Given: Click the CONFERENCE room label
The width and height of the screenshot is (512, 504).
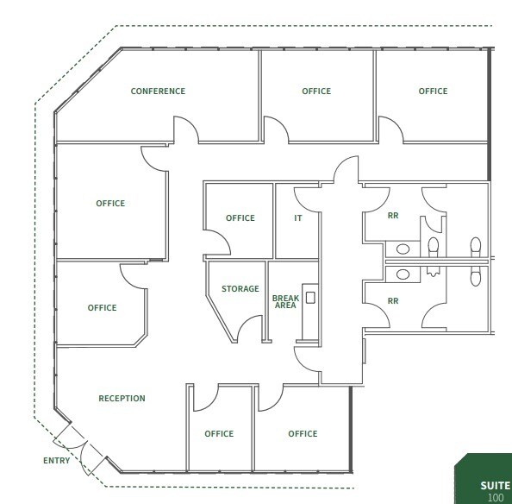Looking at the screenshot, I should (158, 91).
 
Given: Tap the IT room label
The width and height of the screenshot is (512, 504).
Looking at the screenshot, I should (298, 218).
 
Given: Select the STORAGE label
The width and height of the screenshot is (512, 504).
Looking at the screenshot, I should (240, 289).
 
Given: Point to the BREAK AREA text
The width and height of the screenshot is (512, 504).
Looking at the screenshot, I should (285, 301).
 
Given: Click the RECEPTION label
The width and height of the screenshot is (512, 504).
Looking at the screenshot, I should (122, 399).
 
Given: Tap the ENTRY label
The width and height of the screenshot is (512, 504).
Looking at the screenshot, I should (56, 461).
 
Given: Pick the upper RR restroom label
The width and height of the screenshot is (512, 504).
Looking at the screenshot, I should (393, 217).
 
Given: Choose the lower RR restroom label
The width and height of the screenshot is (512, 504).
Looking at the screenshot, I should (393, 301).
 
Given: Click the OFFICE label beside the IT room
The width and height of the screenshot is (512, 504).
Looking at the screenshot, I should (240, 218).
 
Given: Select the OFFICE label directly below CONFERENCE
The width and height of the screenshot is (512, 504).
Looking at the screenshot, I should (110, 204).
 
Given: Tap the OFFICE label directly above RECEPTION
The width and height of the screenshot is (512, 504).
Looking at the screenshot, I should (102, 308).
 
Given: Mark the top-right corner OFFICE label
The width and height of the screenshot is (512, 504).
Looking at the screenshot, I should (433, 91).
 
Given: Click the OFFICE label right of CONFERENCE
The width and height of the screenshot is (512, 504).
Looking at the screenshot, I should (316, 91).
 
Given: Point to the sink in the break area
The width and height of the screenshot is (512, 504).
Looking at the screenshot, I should (310, 298).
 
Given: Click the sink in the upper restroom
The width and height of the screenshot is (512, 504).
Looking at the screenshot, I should (402, 249).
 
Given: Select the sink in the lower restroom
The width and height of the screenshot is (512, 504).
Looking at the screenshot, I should (402, 274).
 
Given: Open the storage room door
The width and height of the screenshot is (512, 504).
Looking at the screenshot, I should (250, 329).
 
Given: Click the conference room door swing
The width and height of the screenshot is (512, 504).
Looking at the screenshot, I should (186, 131).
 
